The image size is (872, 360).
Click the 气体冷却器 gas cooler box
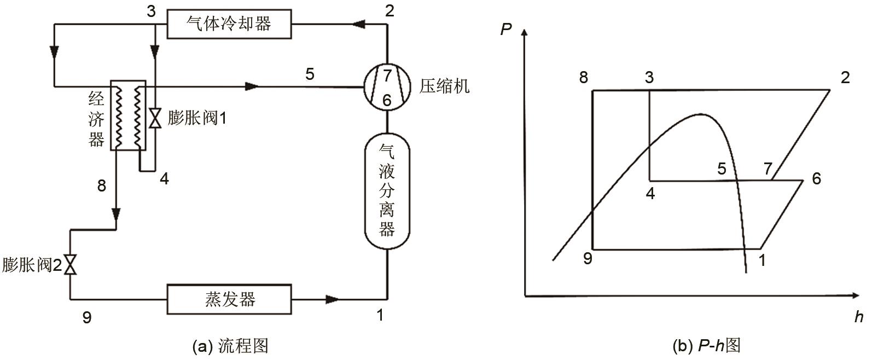pyautogui.click(x=229, y=24)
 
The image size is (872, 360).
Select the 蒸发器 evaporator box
pyautogui.click(x=229, y=299)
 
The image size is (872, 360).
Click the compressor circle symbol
pyautogui.click(x=387, y=86)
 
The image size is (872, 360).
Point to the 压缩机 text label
pyautogui.click(x=444, y=86)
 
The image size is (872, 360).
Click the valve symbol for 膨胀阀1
pyautogui.click(x=155, y=118)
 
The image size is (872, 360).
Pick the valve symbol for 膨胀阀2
pyautogui.click(x=70, y=265)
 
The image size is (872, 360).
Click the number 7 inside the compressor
pyautogui.click(x=387, y=75)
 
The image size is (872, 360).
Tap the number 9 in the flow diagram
pyautogui.click(x=86, y=317)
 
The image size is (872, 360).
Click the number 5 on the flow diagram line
pyautogui.click(x=310, y=74)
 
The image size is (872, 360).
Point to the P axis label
pyautogui.click(x=505, y=28)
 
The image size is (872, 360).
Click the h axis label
pyautogui.click(x=858, y=317)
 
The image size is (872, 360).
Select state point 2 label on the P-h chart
pyautogui.click(x=845, y=78)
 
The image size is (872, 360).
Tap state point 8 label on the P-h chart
pyautogui.click(x=584, y=78)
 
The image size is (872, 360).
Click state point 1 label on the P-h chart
pyautogui.click(x=761, y=260)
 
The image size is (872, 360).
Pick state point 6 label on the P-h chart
pyautogui.click(x=816, y=178)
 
